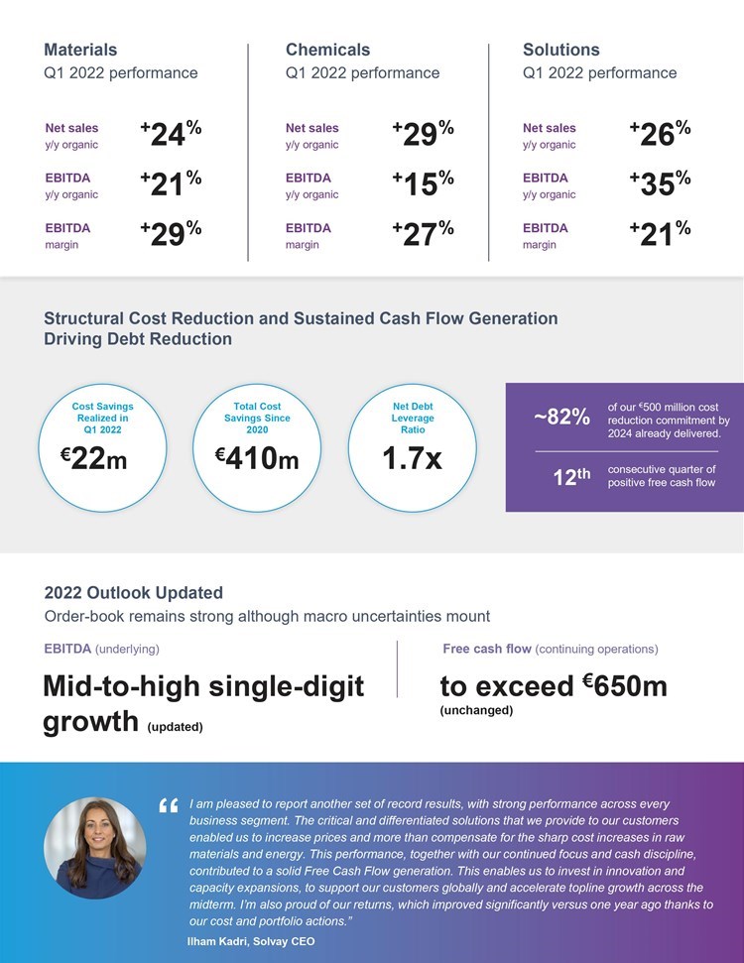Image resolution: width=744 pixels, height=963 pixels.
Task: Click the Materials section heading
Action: click(x=80, y=50)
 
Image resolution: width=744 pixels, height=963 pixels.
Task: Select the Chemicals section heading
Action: click(x=327, y=50)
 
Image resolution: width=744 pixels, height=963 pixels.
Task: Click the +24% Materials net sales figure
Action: click(x=171, y=134)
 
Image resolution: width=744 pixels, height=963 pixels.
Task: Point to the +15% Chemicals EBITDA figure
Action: click(x=423, y=184)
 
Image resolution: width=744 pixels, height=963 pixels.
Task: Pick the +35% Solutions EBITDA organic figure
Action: click(x=660, y=184)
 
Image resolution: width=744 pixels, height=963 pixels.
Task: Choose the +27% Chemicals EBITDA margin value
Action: click(x=423, y=234)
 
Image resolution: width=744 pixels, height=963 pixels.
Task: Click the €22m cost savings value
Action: click(x=93, y=459)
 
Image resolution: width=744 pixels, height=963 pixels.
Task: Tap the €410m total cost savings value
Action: click(x=257, y=459)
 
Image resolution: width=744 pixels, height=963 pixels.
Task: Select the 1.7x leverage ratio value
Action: click(x=412, y=459)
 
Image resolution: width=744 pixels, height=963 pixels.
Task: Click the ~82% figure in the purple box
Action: click(x=561, y=417)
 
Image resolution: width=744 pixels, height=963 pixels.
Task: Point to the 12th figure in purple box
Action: click(x=571, y=476)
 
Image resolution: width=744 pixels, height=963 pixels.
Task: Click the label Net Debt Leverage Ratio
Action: click(x=413, y=418)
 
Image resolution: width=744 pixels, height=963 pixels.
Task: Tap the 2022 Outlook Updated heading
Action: click(x=133, y=593)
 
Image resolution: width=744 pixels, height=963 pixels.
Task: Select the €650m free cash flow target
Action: click(x=624, y=685)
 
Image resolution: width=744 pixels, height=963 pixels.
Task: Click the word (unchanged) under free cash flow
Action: click(x=476, y=710)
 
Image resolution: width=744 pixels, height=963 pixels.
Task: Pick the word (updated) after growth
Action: click(x=175, y=727)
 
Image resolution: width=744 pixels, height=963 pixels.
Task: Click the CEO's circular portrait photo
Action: click(x=95, y=848)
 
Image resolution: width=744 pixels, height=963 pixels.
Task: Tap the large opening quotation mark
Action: click(x=168, y=806)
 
